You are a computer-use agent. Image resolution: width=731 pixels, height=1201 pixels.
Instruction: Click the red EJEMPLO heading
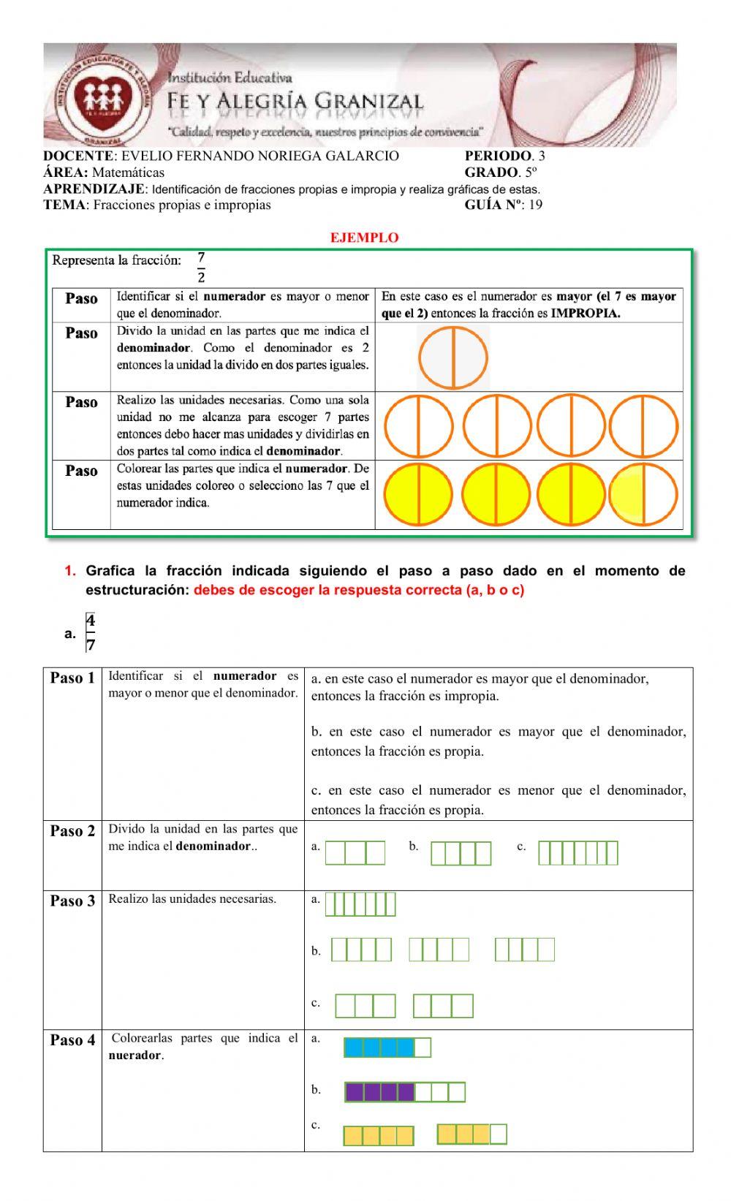coord(364,238)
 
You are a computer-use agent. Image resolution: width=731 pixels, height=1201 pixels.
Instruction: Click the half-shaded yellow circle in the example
coord(644,495)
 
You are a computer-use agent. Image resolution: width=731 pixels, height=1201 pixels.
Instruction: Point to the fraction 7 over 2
coord(201,268)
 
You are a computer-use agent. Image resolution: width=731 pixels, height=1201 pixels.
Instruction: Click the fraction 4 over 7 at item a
coord(90,632)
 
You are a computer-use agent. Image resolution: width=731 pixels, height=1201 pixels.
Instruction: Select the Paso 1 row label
coord(72,678)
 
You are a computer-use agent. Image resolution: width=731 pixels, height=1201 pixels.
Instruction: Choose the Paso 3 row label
coord(72,901)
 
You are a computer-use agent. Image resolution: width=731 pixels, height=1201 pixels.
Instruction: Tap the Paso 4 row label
coord(72,1040)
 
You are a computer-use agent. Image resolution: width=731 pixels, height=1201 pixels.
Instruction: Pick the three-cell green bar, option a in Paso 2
coord(355,853)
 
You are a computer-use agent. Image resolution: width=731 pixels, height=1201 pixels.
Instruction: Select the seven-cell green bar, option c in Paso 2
coord(577,853)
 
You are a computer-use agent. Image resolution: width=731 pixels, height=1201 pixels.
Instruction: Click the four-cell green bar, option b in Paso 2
coord(461,853)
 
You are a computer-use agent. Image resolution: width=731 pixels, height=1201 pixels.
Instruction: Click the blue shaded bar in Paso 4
coord(387,1047)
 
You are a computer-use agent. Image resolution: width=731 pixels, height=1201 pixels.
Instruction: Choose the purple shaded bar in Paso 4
coord(405,1092)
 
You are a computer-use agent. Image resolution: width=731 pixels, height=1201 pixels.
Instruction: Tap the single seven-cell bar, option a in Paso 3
coord(360,904)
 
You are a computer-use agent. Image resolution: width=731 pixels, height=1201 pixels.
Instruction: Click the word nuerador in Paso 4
coord(135,1056)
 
